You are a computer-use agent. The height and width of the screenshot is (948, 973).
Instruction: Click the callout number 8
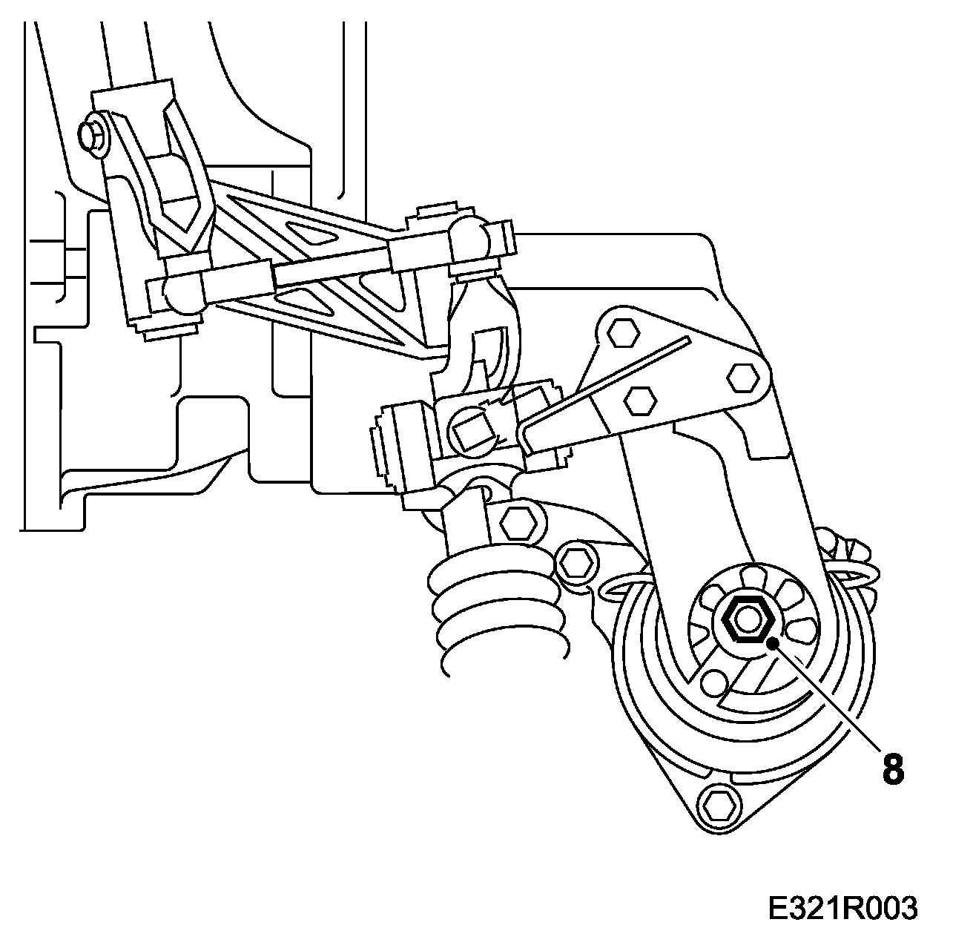893,769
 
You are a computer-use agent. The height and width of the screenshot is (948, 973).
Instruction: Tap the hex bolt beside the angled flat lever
640,401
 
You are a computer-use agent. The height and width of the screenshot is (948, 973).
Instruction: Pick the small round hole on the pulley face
713,681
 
